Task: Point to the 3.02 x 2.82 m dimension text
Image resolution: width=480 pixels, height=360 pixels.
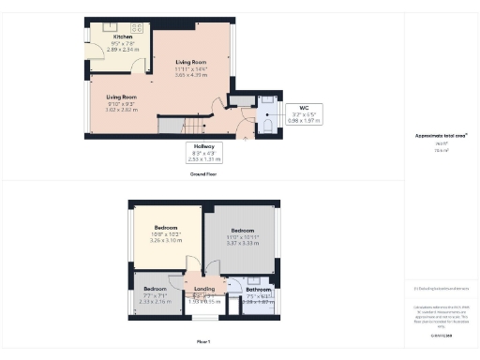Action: (122, 110)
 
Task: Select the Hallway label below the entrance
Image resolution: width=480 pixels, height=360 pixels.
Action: (204, 147)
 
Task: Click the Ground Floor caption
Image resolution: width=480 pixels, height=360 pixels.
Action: (203, 174)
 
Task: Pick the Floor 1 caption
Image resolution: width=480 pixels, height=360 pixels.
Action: (203, 341)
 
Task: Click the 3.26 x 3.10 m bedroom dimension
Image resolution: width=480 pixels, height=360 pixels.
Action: (166, 240)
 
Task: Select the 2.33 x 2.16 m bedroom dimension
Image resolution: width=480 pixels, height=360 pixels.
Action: (156, 301)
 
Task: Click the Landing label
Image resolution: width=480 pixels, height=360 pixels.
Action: (204, 290)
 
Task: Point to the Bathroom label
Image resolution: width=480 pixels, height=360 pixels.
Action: (258, 290)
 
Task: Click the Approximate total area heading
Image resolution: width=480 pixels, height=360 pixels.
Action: (441, 135)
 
